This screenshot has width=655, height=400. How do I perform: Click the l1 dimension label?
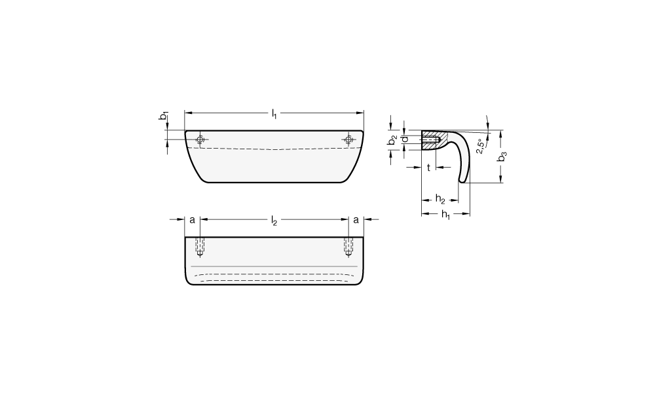[x=274, y=113]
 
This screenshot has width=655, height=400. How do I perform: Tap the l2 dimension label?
[x=274, y=221]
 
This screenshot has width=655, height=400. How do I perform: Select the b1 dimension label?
[x=164, y=116]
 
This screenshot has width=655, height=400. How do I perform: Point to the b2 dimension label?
[x=392, y=141]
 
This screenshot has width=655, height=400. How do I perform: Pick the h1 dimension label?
[x=445, y=215]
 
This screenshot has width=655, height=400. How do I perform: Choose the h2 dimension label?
[x=440, y=199]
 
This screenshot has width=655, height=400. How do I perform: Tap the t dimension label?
[x=428, y=168]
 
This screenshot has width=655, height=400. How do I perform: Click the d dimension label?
[x=404, y=139]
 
